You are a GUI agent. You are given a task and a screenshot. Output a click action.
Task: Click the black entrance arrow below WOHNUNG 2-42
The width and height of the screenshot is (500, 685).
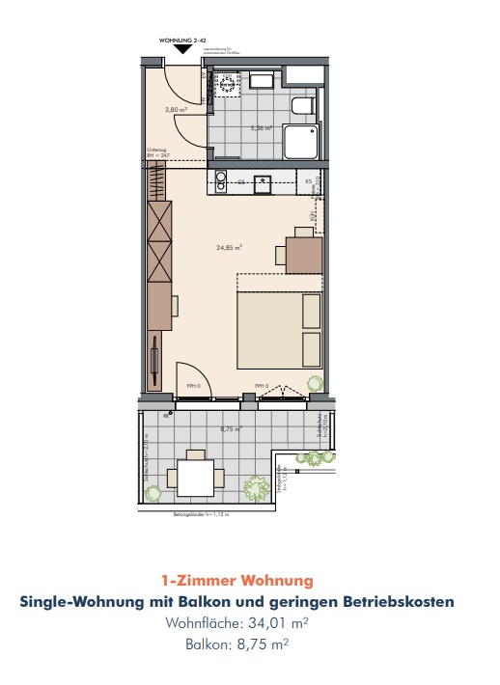182,49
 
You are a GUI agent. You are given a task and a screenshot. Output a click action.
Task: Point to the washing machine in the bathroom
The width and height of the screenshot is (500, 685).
229,83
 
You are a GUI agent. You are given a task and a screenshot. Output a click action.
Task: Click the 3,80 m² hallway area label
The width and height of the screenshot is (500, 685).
176,110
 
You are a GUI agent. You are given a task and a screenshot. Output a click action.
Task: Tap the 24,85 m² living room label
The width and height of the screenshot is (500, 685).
229,247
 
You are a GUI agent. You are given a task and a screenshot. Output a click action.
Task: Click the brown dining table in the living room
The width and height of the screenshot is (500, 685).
303,254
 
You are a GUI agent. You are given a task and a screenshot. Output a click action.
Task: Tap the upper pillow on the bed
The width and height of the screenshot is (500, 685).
311,311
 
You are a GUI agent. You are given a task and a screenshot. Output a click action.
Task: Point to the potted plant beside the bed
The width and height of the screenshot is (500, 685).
314,385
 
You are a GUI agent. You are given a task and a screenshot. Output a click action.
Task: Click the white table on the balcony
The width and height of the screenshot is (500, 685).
196,477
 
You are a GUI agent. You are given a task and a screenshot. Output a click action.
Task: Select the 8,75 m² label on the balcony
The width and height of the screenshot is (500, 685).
229,428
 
